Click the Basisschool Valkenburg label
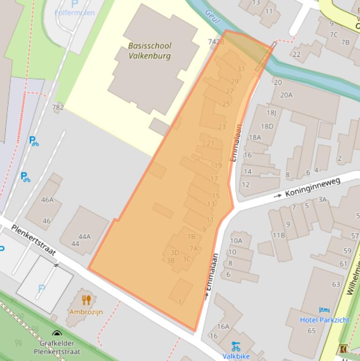(150, 51)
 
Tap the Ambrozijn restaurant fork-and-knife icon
(86, 300)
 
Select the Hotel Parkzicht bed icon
(323, 310)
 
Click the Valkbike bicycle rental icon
(235, 346)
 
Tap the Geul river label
(212, 14)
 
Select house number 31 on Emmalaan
(241, 69)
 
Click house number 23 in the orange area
(221, 127)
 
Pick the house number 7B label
(191, 236)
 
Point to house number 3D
(175, 253)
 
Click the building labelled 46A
(47, 200)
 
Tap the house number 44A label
(84, 236)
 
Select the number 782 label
(58, 107)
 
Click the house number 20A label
(286, 95)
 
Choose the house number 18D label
(267, 126)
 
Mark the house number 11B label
(279, 235)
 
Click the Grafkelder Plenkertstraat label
(57, 347)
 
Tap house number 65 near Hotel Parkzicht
(311, 331)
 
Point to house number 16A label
(223, 326)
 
